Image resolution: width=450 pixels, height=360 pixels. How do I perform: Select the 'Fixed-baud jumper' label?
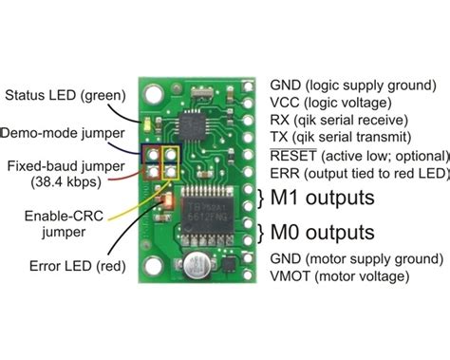point(58,166)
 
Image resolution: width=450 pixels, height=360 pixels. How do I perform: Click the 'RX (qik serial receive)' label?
point(338,121)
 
